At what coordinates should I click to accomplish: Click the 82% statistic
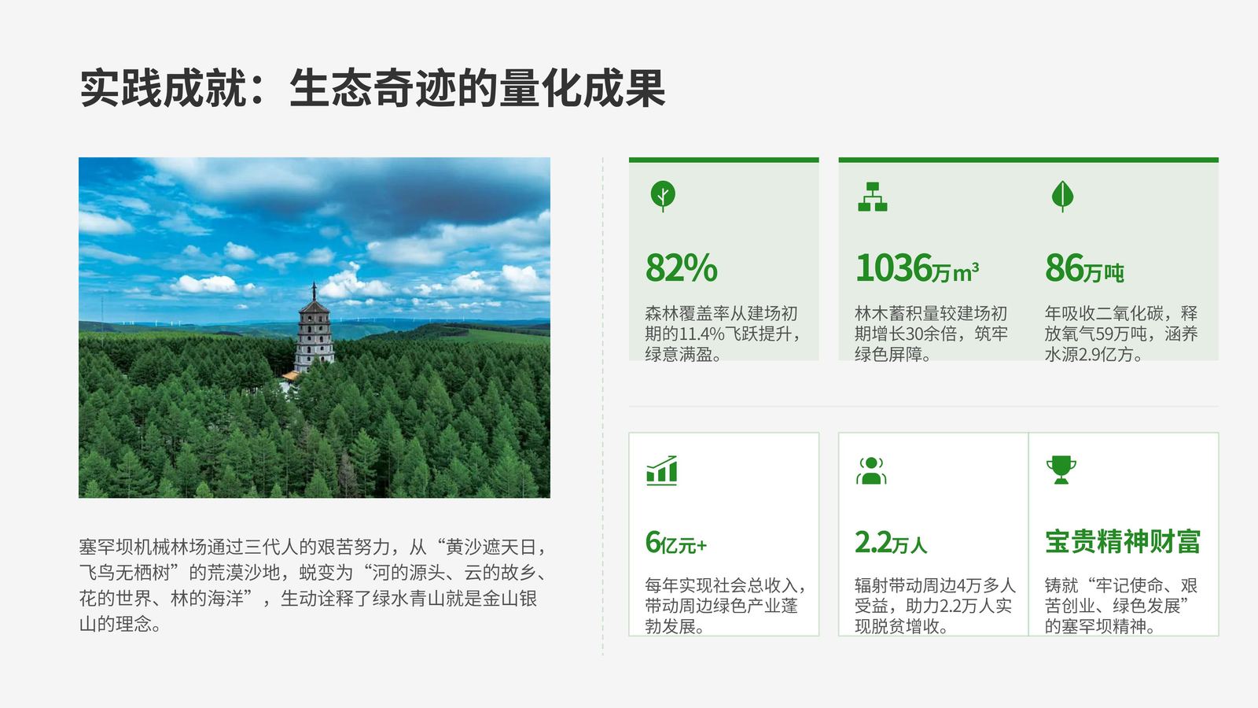pos(681,268)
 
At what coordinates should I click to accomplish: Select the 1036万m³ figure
pos(917,268)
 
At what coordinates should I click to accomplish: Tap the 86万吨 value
pos(1084,268)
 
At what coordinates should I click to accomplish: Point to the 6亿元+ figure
pos(675,543)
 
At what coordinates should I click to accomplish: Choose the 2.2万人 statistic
pos(891,543)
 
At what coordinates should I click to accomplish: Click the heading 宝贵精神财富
pos(1123,542)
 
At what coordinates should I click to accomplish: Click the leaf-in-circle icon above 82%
pos(663,196)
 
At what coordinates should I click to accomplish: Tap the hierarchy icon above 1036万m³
pos(873,197)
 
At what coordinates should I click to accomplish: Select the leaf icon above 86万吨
pos(1062,196)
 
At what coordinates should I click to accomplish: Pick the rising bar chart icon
pos(662,470)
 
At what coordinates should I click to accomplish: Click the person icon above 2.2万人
pos(871,470)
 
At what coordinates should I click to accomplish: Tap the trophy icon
pos(1061,470)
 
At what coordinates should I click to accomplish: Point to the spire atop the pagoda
pos(314,291)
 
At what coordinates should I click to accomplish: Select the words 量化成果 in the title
pos(582,88)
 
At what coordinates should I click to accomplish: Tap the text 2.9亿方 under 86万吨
pos(1105,355)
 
